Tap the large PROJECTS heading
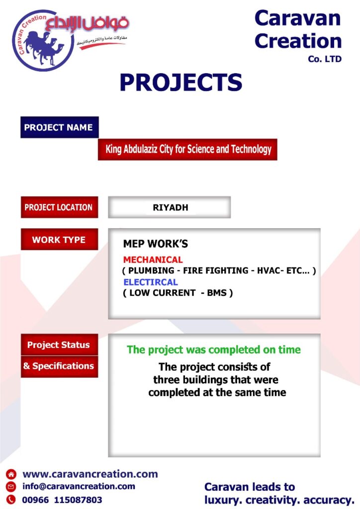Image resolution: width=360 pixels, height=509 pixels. click(x=181, y=82)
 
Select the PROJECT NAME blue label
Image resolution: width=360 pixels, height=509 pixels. click(x=59, y=127)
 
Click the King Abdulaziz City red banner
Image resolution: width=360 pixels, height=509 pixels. click(x=187, y=149)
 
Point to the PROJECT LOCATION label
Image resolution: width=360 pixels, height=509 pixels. click(x=59, y=207)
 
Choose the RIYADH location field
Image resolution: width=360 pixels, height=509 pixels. click(x=170, y=207)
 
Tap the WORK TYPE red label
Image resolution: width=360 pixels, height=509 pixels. click(x=59, y=240)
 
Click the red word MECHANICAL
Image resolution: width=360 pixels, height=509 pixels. click(x=153, y=259)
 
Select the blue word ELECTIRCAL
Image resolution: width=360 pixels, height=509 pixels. click(x=151, y=282)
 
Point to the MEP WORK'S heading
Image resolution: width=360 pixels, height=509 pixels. click(x=156, y=244)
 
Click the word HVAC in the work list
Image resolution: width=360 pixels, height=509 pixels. click(x=269, y=270)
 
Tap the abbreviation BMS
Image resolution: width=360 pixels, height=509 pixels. click(x=217, y=293)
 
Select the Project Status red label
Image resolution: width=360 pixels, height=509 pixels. click(x=59, y=345)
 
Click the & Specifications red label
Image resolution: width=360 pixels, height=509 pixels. click(x=59, y=366)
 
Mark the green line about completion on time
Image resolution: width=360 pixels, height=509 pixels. click(x=214, y=349)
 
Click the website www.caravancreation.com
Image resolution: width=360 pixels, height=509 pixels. click(x=90, y=474)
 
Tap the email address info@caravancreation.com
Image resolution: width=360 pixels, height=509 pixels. click(x=79, y=486)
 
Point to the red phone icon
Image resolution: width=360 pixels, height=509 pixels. click(x=11, y=499)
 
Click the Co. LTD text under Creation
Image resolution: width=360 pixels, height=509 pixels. click(x=325, y=59)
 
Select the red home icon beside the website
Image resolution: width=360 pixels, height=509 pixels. click(x=11, y=474)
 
